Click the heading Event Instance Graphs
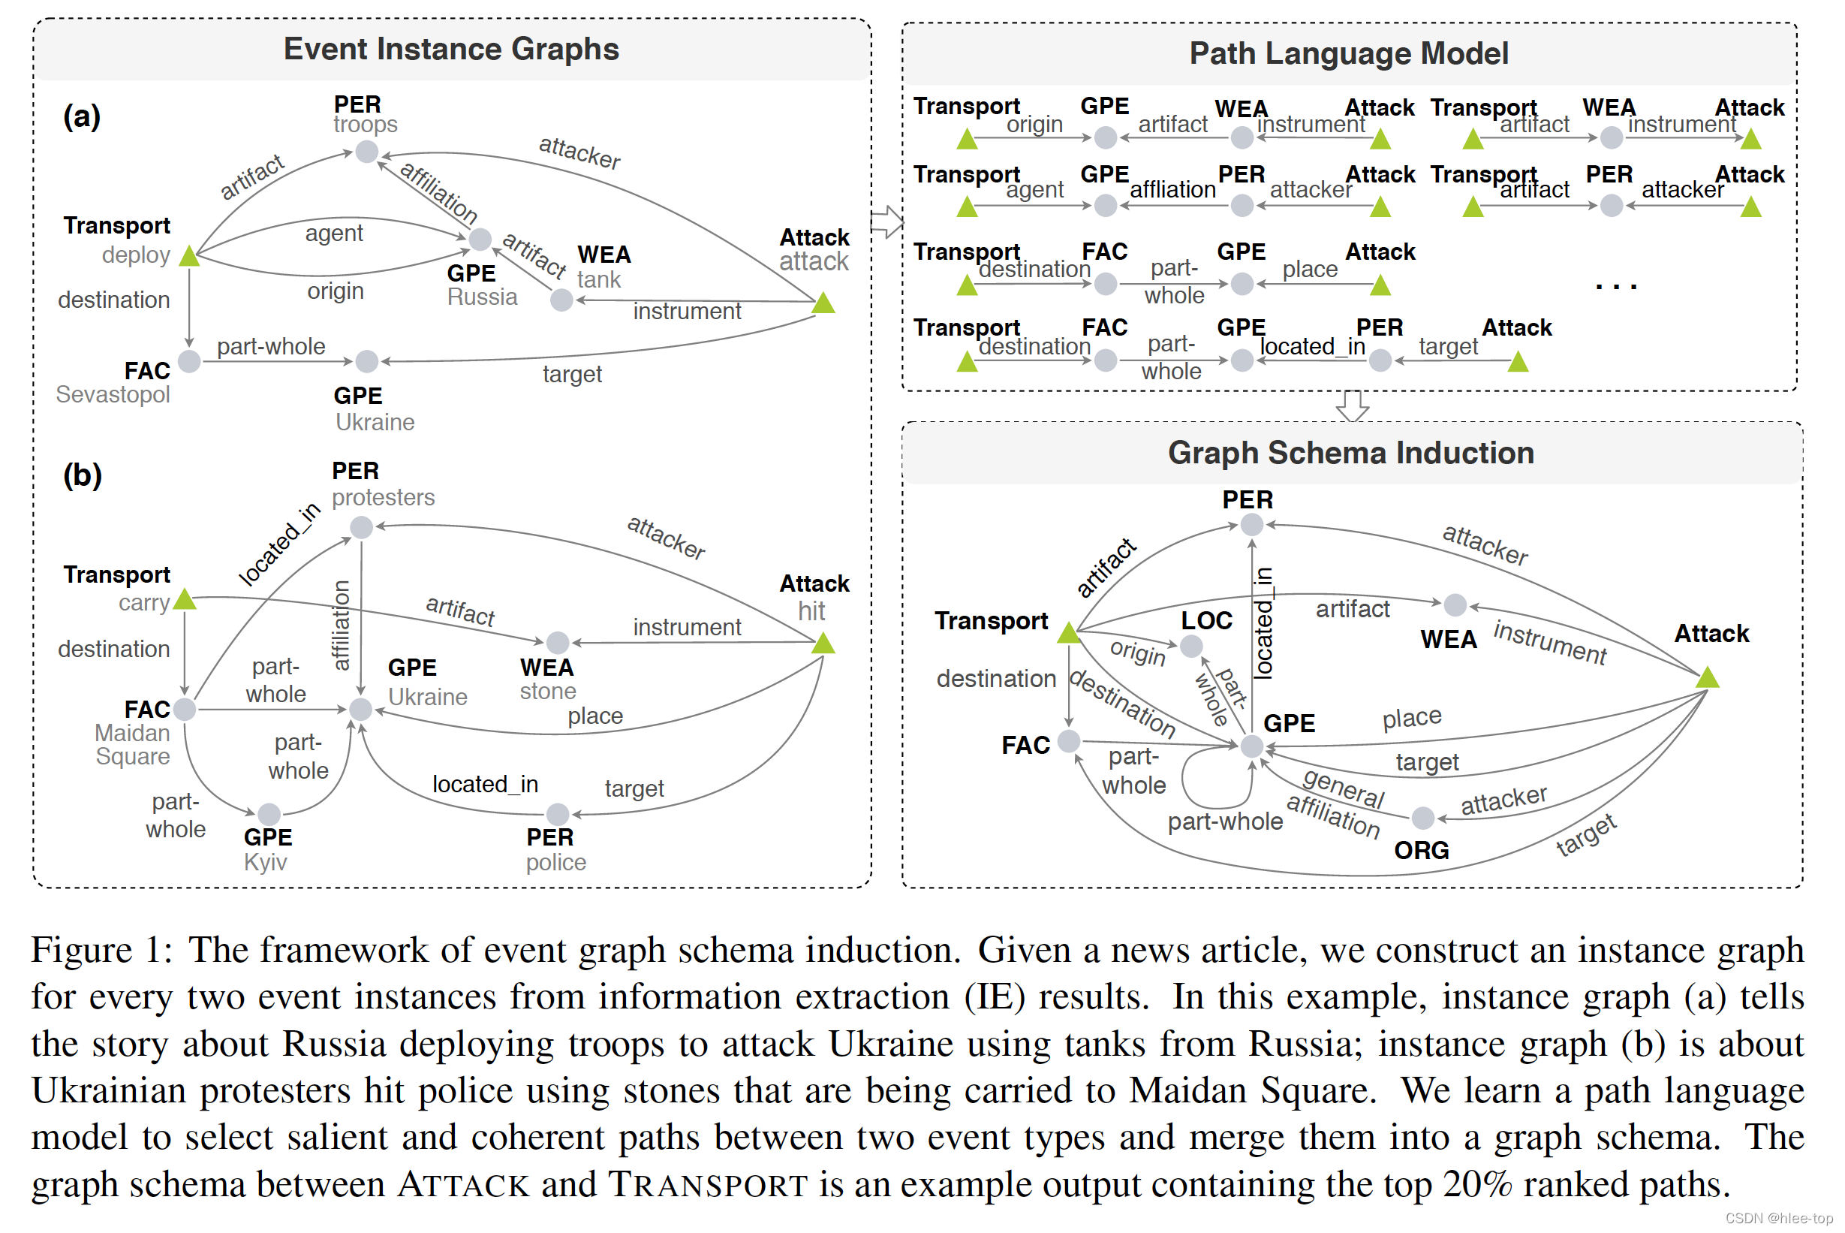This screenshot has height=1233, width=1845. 451,49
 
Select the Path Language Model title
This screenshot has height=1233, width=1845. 1349,53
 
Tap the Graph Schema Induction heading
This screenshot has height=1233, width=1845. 1350,453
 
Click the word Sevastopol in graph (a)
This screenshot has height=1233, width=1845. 113,394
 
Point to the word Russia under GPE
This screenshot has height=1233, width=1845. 482,297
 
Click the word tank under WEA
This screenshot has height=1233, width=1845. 598,280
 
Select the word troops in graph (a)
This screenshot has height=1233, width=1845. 365,124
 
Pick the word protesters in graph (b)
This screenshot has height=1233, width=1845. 383,497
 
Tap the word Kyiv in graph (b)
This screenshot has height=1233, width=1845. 265,862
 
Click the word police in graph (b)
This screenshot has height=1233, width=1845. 555,862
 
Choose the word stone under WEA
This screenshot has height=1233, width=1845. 547,691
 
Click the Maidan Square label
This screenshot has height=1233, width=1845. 132,745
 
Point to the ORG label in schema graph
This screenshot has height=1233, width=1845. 1422,850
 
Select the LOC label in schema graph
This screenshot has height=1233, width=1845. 1206,620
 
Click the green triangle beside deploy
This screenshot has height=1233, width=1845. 188,256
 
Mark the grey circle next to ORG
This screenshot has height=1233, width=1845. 1423,818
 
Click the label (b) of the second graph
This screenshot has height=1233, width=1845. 83,475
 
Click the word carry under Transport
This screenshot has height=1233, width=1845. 144,603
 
